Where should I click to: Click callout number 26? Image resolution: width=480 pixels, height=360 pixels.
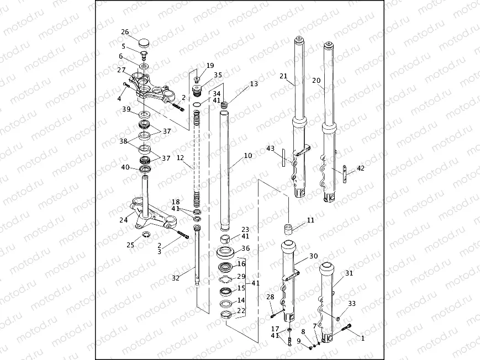coord(125,31)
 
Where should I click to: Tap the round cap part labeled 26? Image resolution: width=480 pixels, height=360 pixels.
coord(144,42)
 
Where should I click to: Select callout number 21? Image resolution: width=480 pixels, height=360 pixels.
coord(284,76)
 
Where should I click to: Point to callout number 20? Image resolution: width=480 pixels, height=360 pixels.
coord(317,81)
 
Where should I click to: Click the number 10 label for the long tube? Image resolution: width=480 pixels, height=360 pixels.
coord(247,156)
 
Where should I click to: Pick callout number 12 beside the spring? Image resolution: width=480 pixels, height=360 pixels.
coord(180,158)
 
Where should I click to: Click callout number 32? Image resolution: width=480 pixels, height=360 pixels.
coord(176,278)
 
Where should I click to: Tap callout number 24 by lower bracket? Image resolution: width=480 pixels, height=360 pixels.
coord(123,220)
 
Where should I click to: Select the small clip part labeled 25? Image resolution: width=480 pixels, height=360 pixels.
coord(146,236)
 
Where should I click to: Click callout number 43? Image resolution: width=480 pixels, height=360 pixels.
coord(271,149)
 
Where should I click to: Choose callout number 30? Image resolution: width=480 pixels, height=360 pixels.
coord(314,256)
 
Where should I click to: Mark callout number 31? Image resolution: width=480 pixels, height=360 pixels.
coord(349,273)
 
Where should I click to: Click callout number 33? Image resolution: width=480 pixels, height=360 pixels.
coord(352,304)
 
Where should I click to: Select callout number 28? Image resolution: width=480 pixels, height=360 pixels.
coord(270,298)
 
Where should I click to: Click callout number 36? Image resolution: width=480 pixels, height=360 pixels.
coord(246,248)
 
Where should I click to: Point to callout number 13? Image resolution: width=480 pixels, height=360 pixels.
coord(254,84)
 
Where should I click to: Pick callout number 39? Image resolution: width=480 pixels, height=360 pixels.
coord(126,110)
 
